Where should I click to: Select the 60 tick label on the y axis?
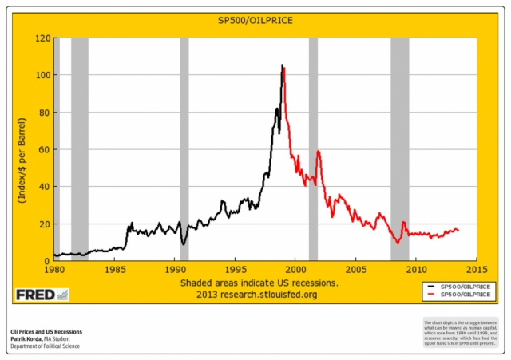pos(44,149)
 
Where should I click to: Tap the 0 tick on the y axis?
pos(46,261)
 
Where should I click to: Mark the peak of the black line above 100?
pos(282,65)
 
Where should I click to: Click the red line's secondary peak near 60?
pos(319,151)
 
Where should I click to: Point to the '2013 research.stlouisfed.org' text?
pos(257,295)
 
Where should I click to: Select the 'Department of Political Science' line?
pos(45,346)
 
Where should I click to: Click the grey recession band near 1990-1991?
pos(184,149)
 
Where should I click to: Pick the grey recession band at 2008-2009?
pos(399,149)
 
